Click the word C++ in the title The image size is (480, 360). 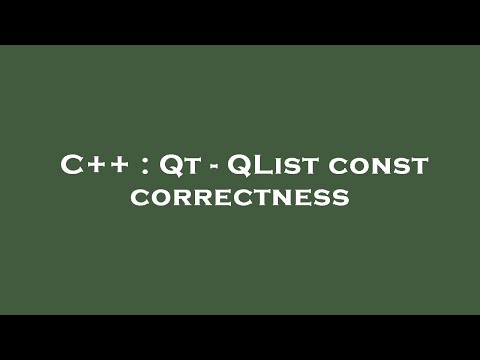92,166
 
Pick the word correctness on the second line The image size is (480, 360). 240,197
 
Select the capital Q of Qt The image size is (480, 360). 170,166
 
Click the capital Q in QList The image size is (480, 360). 239,166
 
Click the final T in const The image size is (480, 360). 417,168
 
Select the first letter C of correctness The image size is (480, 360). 139,198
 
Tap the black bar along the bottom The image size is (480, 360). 240,337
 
